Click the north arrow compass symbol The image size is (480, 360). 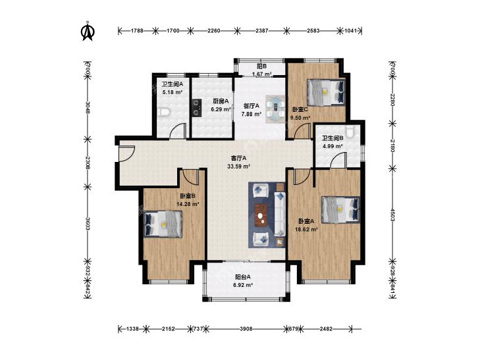[x=88, y=30]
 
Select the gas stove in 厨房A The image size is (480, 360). [x=196, y=108]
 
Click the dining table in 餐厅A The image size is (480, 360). [x=276, y=109]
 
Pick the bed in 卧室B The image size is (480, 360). [x=163, y=224]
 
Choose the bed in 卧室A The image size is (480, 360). [x=340, y=209]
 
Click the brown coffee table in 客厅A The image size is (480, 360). [x=261, y=215]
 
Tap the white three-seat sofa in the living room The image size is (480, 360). [x=279, y=214]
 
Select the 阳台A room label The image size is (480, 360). [x=243, y=277]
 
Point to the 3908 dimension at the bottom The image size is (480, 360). [x=246, y=329]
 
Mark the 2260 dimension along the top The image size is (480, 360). [x=214, y=30]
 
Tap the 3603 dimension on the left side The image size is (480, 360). [x=88, y=224]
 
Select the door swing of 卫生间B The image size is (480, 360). [x=338, y=161]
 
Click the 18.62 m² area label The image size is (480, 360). [x=306, y=228]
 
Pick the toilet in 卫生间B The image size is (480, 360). [x=350, y=130]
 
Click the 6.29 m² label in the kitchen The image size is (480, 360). [x=221, y=109]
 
